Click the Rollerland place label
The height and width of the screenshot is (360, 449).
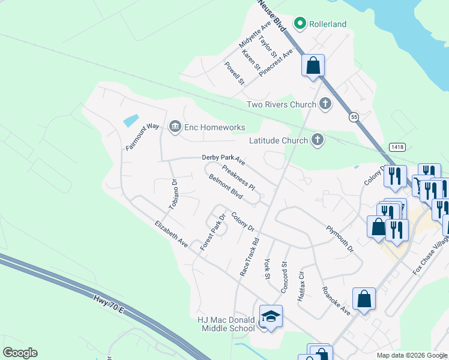[328, 24]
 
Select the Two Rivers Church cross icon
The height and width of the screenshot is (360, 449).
[325, 104]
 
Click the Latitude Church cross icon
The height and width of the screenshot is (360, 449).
[318, 140]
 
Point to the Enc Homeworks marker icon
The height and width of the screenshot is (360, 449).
[175, 125]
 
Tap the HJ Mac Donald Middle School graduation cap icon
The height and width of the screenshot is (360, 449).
[271, 316]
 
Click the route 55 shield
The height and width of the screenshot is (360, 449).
[355, 118]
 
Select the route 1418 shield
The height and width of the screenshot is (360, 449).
[396, 146]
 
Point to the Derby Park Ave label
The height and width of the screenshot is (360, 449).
[223, 159]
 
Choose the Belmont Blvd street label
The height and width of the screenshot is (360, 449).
[226, 187]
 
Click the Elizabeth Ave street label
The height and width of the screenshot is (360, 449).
[171, 235]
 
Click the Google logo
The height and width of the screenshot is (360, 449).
[20, 353]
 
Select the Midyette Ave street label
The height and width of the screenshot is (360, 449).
[255, 37]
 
